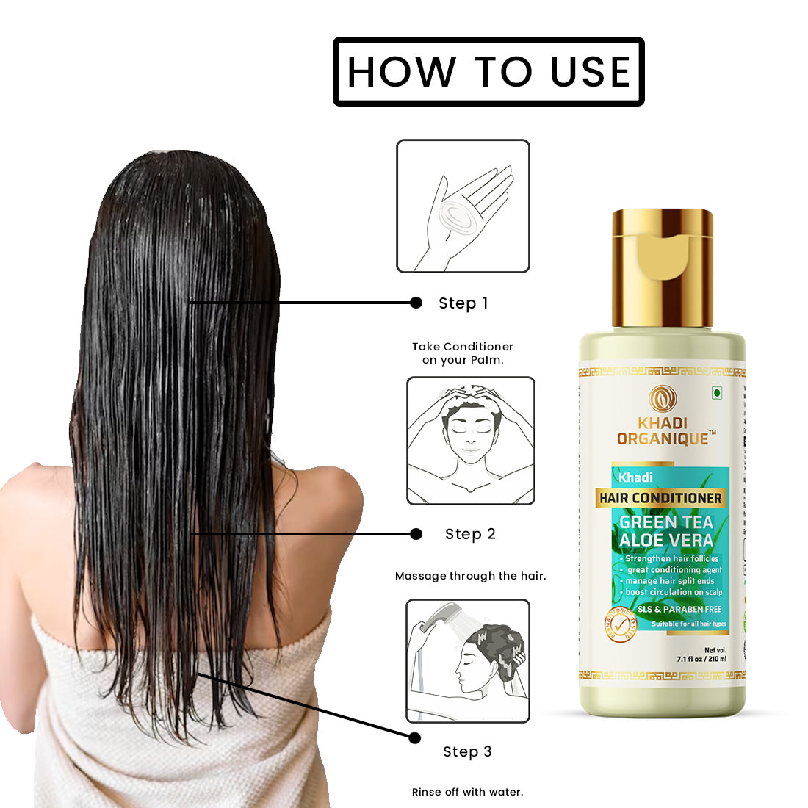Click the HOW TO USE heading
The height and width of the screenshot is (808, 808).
coord(488,71)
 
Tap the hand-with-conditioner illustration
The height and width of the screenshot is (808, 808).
coord(463,206)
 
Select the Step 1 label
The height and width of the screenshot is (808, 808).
coord(463,303)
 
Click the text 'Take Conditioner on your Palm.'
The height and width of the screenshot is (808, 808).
coord(463,353)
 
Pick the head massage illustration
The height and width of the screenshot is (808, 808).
coord(471,441)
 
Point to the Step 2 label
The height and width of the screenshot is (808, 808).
coord(470,534)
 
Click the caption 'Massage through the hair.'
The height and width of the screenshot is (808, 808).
coord(470,576)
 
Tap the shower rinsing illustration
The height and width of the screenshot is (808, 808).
coord(468,661)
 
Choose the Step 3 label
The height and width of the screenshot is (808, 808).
coord(467,751)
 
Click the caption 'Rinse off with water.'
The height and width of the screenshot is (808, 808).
coord(467,792)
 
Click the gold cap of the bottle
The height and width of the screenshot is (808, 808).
coord(663,268)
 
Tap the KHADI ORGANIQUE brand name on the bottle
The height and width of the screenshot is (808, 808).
coord(663,431)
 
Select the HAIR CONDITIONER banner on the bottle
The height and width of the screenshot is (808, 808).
coord(660,498)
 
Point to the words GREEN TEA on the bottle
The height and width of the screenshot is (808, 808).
coord(665,522)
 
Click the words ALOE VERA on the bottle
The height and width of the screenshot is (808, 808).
coord(665,541)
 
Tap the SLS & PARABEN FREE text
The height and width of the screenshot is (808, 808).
coord(679,609)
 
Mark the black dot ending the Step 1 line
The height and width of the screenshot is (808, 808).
coord(416,303)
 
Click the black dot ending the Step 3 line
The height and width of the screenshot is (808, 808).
coord(414,737)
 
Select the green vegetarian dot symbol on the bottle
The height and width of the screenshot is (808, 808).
coord(716,393)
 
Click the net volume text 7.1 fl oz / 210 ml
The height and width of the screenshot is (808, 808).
coord(701,659)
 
